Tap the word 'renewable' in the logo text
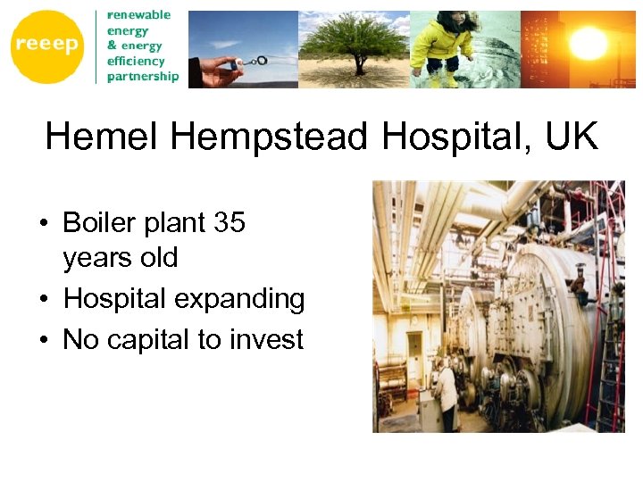pyautogui.click(x=138, y=15)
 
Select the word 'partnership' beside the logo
pyautogui.click(x=143, y=77)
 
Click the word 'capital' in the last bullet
pyautogui.click(x=163, y=339)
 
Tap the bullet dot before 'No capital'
pyautogui.click(x=43, y=340)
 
